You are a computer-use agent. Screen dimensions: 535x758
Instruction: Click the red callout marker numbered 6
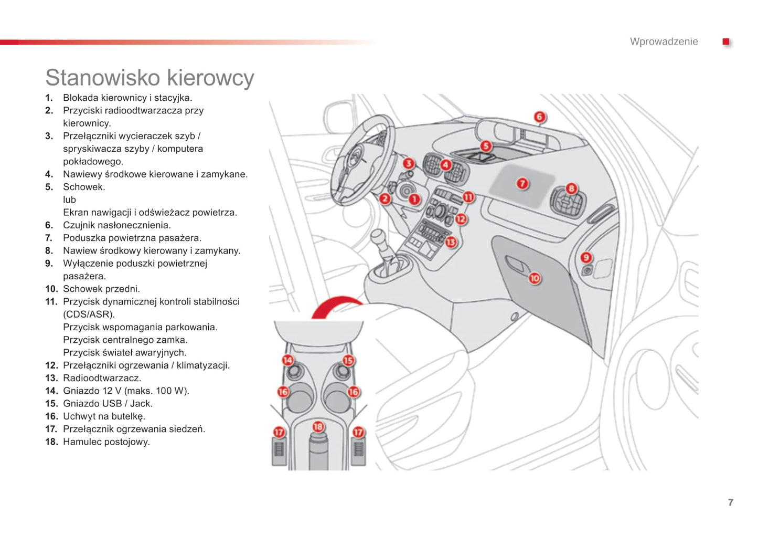click(x=539, y=117)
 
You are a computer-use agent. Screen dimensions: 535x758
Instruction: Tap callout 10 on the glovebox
click(x=534, y=278)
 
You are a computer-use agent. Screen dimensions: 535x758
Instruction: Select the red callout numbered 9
click(x=586, y=257)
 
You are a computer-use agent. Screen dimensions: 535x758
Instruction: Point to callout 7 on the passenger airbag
click(x=522, y=183)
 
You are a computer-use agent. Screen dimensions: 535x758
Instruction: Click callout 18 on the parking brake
click(x=318, y=427)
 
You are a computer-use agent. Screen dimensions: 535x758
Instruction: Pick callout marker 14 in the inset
click(x=287, y=360)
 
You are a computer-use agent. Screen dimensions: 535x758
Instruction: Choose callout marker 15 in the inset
click(x=348, y=360)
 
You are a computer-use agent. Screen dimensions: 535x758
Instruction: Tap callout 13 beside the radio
click(x=451, y=242)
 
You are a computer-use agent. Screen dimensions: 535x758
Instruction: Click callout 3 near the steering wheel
click(x=408, y=164)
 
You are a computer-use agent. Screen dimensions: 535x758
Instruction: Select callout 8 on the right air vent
click(x=571, y=188)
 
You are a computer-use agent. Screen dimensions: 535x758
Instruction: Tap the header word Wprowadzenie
click(x=664, y=41)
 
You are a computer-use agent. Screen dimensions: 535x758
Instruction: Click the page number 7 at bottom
click(x=730, y=502)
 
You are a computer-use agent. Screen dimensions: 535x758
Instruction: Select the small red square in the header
click(x=726, y=41)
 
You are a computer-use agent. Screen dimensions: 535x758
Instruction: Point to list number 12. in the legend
click(x=51, y=365)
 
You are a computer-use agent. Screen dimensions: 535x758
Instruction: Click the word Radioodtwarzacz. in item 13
click(x=102, y=378)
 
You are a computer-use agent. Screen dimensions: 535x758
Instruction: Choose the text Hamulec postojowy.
click(x=106, y=442)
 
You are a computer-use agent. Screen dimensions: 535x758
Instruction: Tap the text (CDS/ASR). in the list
click(x=89, y=314)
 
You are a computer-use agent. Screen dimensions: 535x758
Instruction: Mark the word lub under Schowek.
click(x=69, y=200)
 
